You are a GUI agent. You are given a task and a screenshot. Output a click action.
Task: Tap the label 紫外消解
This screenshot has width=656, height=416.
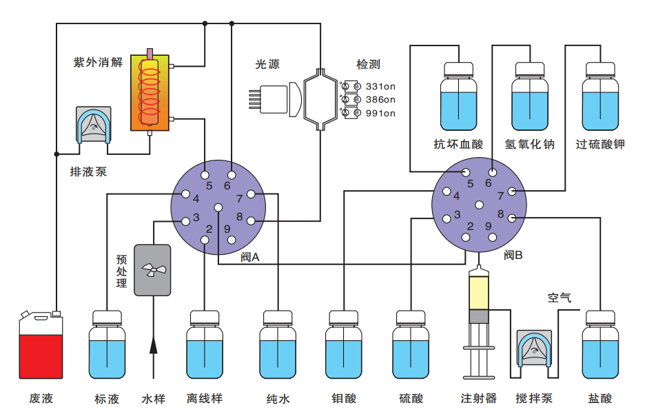tap(98, 62)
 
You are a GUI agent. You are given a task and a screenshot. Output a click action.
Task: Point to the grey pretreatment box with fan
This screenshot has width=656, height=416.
tap(152, 270)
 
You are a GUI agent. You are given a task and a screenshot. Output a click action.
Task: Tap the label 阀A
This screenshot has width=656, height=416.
tap(249, 257)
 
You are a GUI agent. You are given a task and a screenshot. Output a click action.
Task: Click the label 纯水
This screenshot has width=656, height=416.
tap(278, 399)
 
